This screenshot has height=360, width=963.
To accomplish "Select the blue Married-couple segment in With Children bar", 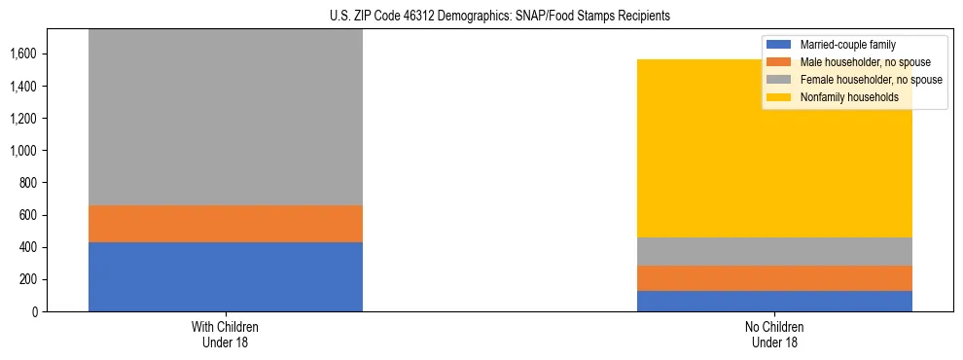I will coord(225,276).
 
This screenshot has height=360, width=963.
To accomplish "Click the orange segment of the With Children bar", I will coord(225,224).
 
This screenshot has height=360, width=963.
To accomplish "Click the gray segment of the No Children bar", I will coord(774,251).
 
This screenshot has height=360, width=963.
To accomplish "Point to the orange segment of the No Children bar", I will coord(774,278).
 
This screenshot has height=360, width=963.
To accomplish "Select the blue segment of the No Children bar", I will coord(774,301).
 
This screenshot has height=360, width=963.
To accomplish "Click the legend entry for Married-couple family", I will coord(845,45).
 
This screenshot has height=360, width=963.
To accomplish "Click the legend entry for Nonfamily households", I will coord(847,97).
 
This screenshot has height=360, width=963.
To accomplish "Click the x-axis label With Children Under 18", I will coord(225,334).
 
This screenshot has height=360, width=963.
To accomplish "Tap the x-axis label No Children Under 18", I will coord(774,334).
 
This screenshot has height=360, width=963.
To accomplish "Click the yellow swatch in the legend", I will coord(779,97).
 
